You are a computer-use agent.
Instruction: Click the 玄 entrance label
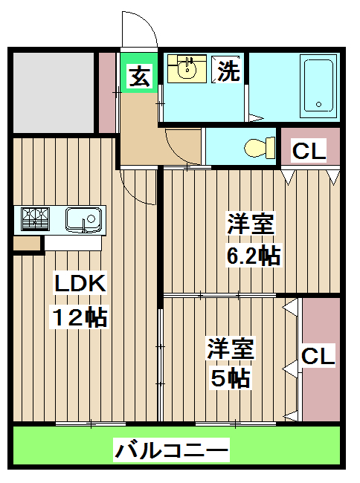138,77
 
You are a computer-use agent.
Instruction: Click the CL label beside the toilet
309,151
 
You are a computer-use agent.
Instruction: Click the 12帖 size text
79,317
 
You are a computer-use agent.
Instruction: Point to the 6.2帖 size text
253,256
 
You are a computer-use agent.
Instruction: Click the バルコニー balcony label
171,450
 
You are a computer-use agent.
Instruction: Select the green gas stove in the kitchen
35,218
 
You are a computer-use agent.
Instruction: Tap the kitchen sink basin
83,218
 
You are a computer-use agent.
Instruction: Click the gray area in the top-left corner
53,91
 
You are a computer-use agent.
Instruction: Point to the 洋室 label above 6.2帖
251,224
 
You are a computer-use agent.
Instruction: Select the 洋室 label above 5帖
231,348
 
